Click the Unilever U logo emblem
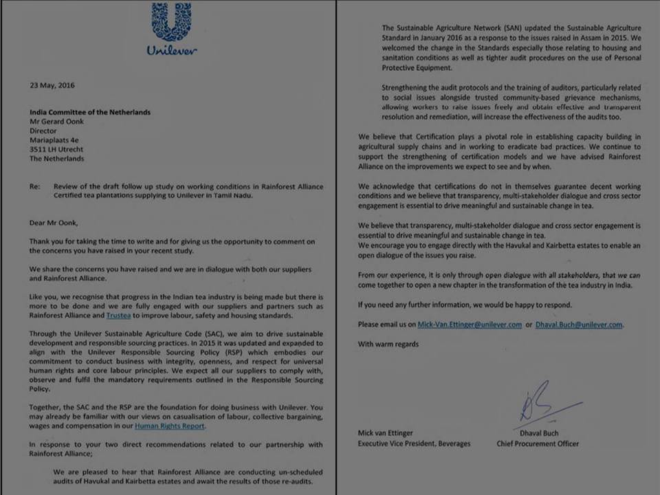[172, 23]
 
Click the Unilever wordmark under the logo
[172, 51]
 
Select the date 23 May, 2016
[52, 86]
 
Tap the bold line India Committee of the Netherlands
[89, 112]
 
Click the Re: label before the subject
[34, 186]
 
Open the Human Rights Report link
[170, 426]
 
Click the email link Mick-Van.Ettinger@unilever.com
[470, 324]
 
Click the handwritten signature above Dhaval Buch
[540, 402]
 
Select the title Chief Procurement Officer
[538, 444]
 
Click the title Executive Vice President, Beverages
[414, 444]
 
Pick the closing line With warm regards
[388, 344]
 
